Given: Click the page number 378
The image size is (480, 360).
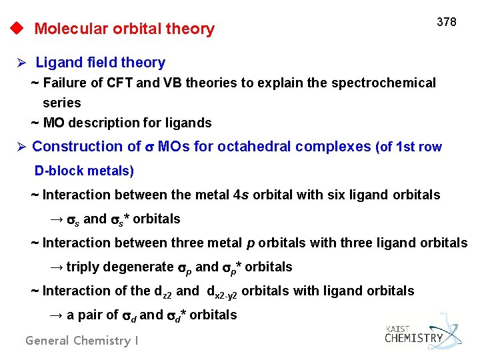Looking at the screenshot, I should (x=446, y=22).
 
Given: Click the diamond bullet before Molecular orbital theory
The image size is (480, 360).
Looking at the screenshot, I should (x=16, y=29).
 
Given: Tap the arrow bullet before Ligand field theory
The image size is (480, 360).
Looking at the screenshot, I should (x=21, y=63).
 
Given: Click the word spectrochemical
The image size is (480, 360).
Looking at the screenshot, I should (x=390, y=83).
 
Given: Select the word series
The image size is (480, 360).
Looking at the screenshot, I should (x=61, y=103).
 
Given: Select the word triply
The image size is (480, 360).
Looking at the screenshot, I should (x=84, y=267).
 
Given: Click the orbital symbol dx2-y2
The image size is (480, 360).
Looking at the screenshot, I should (x=222, y=291).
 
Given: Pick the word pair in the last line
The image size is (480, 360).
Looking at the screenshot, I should (x=90, y=315).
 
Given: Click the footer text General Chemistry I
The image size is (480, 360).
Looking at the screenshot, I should (x=82, y=341).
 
